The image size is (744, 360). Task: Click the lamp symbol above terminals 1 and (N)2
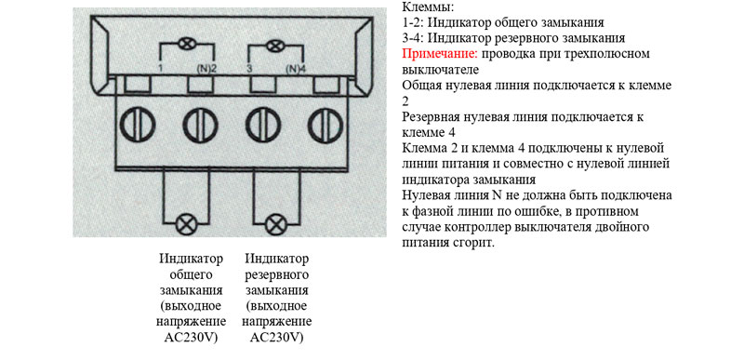click(x=185, y=45)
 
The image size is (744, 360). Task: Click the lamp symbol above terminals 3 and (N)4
click(x=273, y=46)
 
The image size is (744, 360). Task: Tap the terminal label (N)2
click(x=206, y=69)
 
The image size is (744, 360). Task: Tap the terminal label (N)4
click(x=297, y=69)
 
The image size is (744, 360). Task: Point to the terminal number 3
click(x=249, y=69)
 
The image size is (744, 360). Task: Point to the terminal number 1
click(x=162, y=69)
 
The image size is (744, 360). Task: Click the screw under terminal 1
click(x=138, y=125)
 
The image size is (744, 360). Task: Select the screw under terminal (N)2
click(x=200, y=125)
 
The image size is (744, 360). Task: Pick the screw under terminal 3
click(x=263, y=125)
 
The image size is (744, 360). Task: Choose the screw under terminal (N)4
click(x=326, y=125)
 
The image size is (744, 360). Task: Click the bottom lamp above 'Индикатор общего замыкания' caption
click(x=185, y=224)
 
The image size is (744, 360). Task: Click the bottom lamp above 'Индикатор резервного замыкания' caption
click(x=275, y=224)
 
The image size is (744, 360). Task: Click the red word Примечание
click(x=440, y=54)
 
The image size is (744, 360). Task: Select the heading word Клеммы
click(x=428, y=7)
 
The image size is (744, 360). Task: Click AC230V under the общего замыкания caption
click(x=192, y=338)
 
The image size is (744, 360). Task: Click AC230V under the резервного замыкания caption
click(x=277, y=338)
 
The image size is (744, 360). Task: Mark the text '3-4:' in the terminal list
click(x=416, y=38)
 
